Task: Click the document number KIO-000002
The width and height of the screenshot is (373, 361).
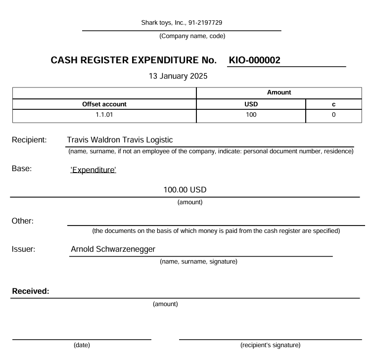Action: [x=255, y=60]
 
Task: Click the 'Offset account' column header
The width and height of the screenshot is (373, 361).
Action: [x=104, y=104]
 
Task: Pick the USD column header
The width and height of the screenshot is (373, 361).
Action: [x=251, y=104]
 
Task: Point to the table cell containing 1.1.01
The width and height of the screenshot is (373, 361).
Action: [x=104, y=115]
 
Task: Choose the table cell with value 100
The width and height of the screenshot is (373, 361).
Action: [x=251, y=115]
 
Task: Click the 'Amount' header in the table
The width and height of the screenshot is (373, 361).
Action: [x=279, y=92]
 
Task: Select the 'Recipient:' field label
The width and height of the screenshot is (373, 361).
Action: [x=29, y=140]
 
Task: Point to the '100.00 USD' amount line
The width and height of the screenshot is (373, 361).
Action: [x=185, y=189]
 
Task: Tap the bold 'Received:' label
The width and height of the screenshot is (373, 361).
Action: [x=31, y=291]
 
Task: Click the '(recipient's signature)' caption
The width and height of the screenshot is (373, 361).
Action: [x=270, y=345]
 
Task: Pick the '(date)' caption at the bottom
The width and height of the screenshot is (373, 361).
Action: [x=82, y=345]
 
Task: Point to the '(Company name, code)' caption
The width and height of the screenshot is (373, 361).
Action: [x=185, y=36]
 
